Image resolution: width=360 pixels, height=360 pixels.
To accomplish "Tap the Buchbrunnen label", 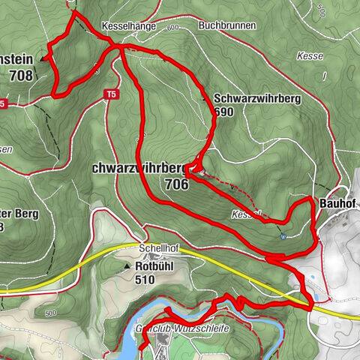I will click(227, 25).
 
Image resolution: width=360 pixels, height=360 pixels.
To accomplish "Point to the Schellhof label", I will click(155, 248).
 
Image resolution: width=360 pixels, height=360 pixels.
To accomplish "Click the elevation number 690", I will click(223, 110).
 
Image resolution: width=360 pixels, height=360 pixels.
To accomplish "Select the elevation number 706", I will click(177, 182).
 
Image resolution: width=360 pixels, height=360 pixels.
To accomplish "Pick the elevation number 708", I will click(22, 75).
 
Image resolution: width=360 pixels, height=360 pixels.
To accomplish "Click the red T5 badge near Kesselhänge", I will click(111, 94).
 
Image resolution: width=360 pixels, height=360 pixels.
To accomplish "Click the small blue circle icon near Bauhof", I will click(283, 237).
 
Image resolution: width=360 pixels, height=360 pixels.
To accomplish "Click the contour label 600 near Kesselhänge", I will click(174, 28).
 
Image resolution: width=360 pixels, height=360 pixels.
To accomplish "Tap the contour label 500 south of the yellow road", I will click(50, 313).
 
